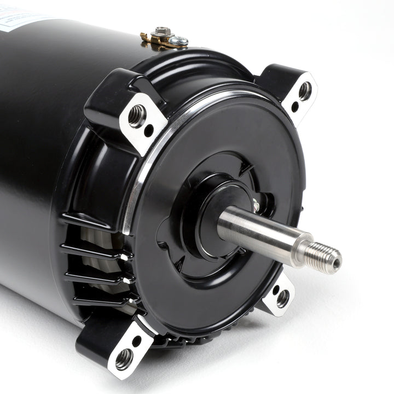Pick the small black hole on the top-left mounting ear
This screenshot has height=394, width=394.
[149, 130]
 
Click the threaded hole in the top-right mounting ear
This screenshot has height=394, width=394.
[304, 90]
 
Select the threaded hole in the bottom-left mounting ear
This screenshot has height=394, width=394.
[124, 358]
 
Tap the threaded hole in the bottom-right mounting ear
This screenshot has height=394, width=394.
[282, 298]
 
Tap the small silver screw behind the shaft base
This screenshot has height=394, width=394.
[256, 205]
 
